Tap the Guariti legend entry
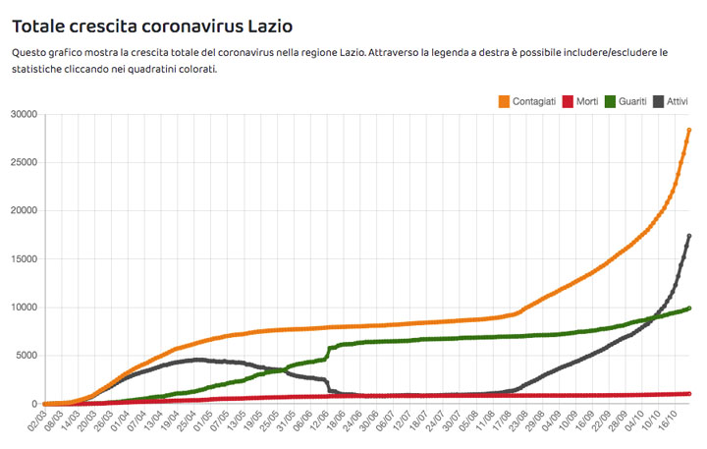coord(631,101)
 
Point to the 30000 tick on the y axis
coord(22,115)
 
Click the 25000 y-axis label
coord(22,163)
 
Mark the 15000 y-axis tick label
coord(22,259)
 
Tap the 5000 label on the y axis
coord(25,356)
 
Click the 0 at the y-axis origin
coord(35,404)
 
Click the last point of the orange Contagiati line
coord(689,130)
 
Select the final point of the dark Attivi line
coord(689,236)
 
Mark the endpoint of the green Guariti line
coord(689,309)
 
